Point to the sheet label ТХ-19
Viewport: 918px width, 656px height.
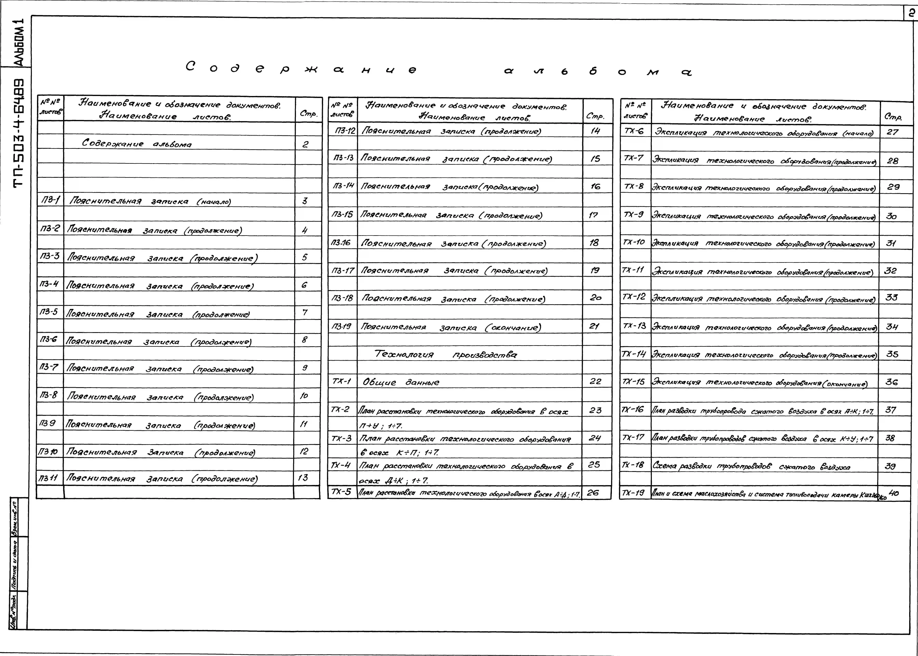click(x=633, y=493)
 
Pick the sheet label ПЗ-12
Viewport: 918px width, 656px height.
click(x=343, y=130)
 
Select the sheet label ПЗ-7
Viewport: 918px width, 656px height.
click(x=49, y=367)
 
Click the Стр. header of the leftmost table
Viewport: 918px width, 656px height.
click(x=308, y=114)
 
